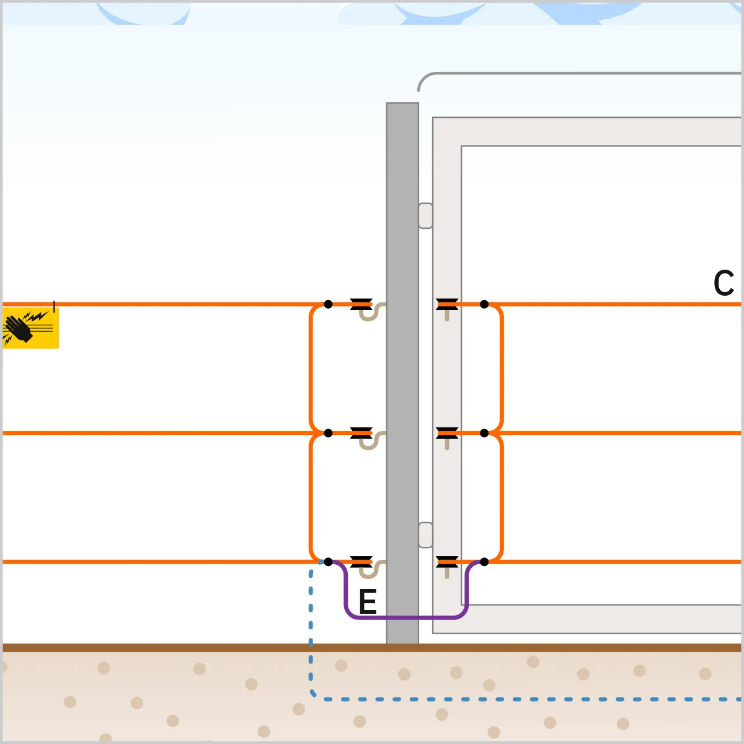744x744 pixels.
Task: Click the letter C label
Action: tap(724, 283)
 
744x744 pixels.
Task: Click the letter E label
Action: tap(368, 601)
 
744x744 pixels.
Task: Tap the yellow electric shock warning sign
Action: tap(30, 328)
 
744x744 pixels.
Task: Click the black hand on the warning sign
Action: tap(19, 329)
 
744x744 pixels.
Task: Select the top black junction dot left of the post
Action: tap(328, 304)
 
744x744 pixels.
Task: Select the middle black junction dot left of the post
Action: tap(328, 433)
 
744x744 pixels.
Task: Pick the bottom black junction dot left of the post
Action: tap(328, 562)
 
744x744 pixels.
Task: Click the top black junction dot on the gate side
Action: tap(484, 304)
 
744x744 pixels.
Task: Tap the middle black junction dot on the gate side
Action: tap(484, 433)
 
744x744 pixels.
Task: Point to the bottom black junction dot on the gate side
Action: tap(484, 562)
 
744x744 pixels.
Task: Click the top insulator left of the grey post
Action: tap(361, 304)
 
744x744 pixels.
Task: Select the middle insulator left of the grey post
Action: tap(361, 433)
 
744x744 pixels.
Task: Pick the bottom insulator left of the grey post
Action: tap(361, 562)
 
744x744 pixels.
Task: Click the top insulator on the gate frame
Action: tap(447, 304)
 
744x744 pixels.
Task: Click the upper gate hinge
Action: tap(425, 215)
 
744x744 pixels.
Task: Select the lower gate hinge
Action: tap(425, 534)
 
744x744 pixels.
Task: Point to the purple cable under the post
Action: tap(406, 618)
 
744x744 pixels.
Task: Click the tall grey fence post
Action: tap(402, 373)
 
